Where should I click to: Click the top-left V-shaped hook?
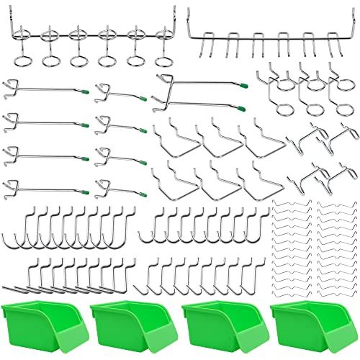(x=176, y=134)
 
